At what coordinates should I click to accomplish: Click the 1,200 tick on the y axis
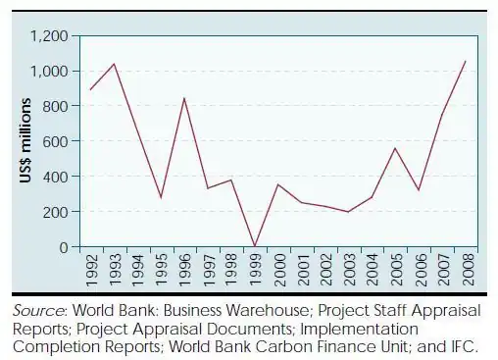click(48, 36)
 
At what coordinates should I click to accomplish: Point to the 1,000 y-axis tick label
click(48, 72)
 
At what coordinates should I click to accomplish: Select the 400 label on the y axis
click(55, 177)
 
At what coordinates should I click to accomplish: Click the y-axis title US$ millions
click(26, 141)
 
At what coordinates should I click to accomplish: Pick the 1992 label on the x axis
click(91, 268)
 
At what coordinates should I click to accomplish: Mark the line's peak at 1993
click(115, 64)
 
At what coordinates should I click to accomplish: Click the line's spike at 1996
click(184, 98)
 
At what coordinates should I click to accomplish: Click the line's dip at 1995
click(161, 197)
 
